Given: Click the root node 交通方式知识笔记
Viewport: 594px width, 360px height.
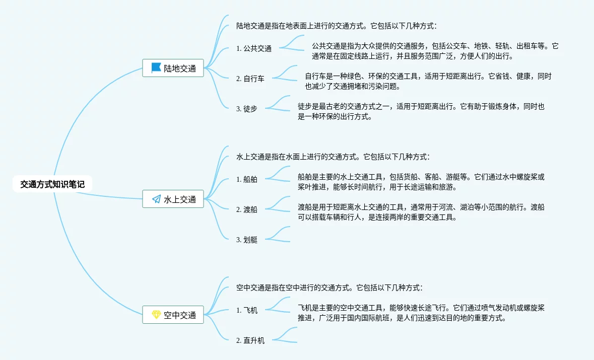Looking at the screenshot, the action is [52, 184].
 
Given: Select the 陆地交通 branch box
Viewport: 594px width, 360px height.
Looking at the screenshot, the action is [173, 68].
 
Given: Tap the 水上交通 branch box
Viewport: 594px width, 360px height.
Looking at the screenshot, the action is [173, 199].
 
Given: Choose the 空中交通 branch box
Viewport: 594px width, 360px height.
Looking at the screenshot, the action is [173, 315].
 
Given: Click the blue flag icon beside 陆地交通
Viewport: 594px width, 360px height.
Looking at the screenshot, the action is [156, 68].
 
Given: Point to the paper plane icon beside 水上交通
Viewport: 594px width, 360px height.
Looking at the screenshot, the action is [156, 199].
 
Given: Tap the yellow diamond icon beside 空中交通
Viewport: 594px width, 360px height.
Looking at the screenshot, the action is [156, 315].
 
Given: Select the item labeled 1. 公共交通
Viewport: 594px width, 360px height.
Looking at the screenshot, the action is [254, 49].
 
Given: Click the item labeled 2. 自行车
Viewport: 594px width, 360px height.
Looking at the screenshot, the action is [250, 79].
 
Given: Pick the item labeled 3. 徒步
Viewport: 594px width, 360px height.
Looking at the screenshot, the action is [247, 109].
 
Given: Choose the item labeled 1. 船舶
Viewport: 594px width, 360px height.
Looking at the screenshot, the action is [247, 180].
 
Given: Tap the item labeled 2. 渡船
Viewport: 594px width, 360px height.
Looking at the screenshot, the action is [247, 209].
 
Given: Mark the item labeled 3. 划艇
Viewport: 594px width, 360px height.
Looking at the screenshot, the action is [247, 240].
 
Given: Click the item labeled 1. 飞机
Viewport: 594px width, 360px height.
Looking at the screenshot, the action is [247, 311].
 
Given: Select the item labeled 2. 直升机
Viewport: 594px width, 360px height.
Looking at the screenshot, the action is [250, 341].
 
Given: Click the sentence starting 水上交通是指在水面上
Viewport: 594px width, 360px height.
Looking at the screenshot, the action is [333, 157].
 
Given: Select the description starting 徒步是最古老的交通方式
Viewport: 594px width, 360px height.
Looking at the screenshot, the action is [421, 112].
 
